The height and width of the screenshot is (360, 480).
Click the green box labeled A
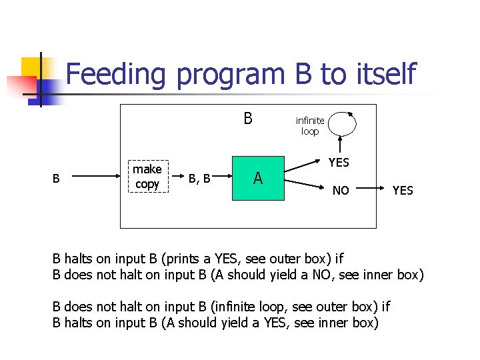click(x=257, y=178)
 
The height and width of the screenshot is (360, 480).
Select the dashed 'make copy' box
click(x=147, y=177)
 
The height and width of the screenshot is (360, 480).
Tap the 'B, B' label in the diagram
click(x=199, y=179)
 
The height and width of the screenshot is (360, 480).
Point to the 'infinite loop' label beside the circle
click(x=310, y=126)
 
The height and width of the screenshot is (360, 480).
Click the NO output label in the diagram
click(x=341, y=191)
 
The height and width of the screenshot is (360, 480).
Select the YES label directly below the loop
click(x=339, y=162)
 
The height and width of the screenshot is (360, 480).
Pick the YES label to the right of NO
click(x=403, y=191)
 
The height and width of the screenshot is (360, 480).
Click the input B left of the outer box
click(x=57, y=179)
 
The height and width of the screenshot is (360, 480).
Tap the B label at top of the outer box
click(x=248, y=119)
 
